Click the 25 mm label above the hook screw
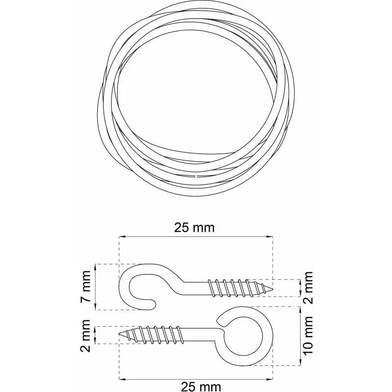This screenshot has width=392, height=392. point(195,227)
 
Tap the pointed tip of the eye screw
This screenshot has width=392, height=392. point(121,334)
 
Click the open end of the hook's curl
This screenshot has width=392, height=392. point(153,305)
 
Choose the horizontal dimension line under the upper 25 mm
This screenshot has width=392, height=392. point(195,237)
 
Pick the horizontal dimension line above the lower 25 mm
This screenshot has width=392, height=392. point(195,378)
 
